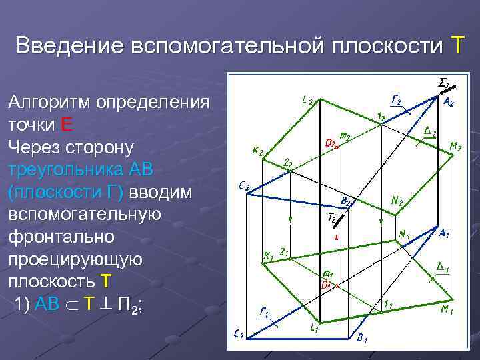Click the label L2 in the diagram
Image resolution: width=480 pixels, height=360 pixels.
coord(308,101)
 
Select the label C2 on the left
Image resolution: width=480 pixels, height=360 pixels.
coord(243,187)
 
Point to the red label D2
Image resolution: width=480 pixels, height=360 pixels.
coord(330,143)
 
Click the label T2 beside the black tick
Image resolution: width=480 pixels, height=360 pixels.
coord(332,217)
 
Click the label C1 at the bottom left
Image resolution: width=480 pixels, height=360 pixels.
coord(238,334)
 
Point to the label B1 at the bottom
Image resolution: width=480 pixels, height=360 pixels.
coord(363,339)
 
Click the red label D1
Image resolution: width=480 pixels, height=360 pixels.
coord(327,284)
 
